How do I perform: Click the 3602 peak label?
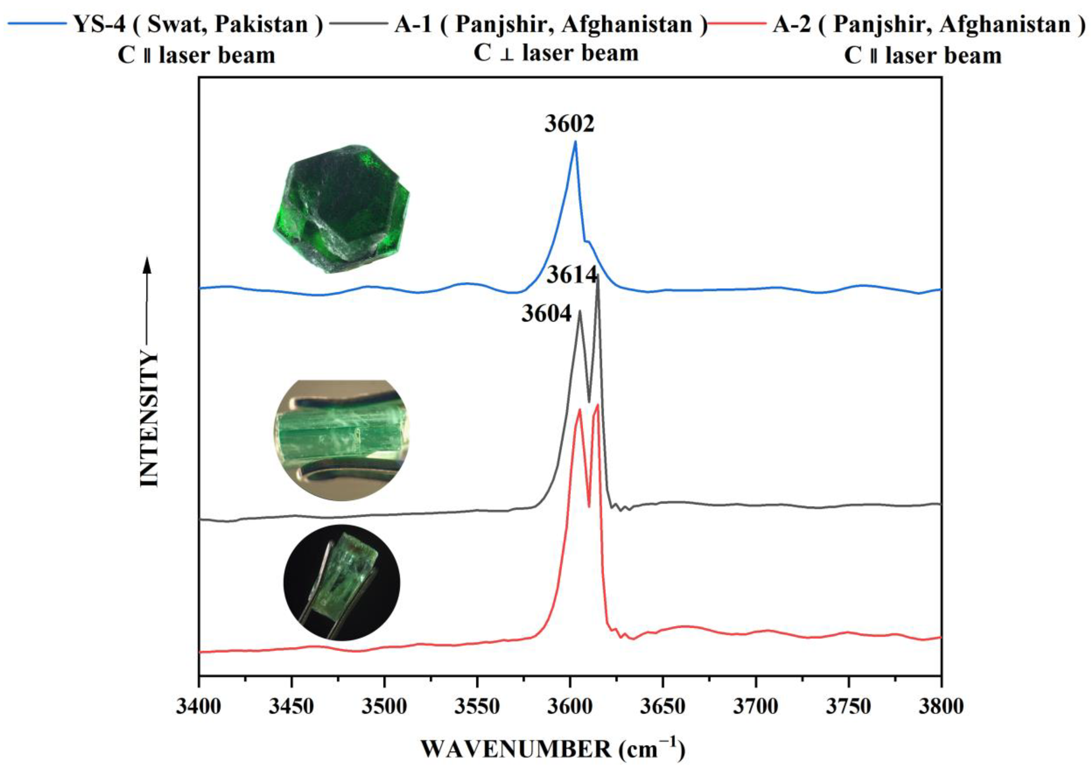569,124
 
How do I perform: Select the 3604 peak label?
546,314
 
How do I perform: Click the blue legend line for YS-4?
35,23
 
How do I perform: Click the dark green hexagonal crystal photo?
341,209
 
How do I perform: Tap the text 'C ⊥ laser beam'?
556,53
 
